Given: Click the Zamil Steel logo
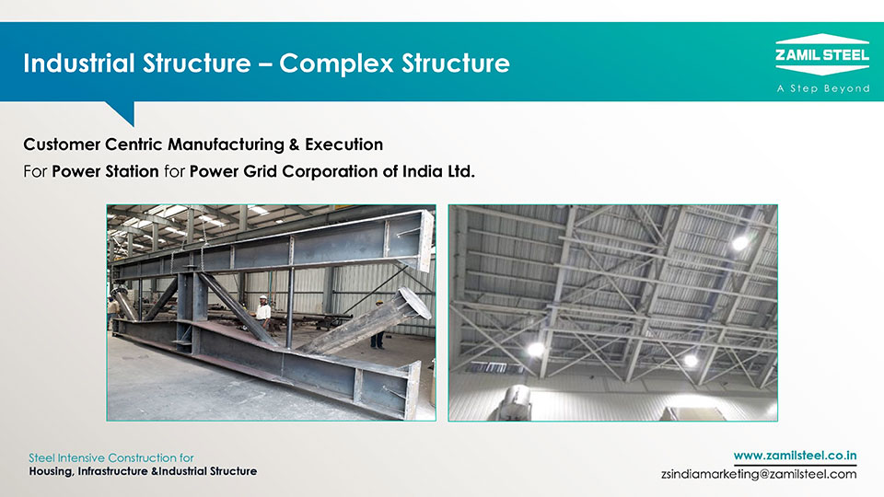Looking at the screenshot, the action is tap(822, 54).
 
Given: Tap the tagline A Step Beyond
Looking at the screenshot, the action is tap(822, 88).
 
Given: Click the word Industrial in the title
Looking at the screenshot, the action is tap(79, 64).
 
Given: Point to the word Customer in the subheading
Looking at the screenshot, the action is tap(62, 144).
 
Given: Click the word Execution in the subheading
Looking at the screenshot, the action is tap(343, 144).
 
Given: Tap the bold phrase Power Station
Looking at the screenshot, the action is tap(105, 171).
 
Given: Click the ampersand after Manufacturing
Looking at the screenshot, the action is tap(295, 144).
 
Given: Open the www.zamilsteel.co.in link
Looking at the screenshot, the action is tap(795, 456).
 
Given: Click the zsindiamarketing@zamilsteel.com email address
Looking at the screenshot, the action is tap(759, 474).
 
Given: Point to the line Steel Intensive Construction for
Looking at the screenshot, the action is tap(111, 457).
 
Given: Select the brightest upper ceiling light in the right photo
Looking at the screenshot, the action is tap(740, 243).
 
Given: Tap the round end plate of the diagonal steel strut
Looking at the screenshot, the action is tap(415, 302).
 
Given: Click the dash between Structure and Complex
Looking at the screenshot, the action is tap(265, 64).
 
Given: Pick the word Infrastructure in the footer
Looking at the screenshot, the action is tap(112, 471).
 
